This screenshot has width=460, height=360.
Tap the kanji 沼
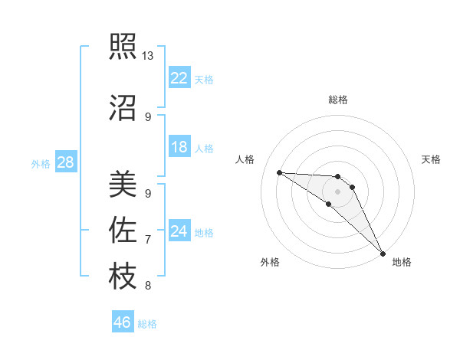pos(123,109)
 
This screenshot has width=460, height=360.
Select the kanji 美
pos(123,185)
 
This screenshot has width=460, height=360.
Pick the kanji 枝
pos(123,276)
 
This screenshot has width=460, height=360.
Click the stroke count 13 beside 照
pos(148,56)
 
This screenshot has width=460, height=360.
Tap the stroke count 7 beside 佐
pos(148,240)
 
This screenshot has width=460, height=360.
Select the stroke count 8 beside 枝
pos(148,286)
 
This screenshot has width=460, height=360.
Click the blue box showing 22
pos(179,78)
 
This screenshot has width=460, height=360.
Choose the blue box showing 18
pos(179,147)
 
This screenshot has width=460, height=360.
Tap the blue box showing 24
pos(179,231)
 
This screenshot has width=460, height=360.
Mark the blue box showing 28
pos(66,162)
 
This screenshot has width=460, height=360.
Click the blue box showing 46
pos(123,322)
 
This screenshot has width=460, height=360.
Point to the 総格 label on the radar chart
pos(338,100)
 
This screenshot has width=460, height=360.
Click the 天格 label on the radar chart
pos(432,159)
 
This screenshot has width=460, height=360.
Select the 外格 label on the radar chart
pos(270,262)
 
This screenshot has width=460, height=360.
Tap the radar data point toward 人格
pos(279,172)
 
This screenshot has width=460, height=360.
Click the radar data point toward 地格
pos(383,253)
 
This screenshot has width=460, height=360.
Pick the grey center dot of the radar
pos(337,191)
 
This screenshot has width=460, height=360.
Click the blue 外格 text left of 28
pos(41,163)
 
